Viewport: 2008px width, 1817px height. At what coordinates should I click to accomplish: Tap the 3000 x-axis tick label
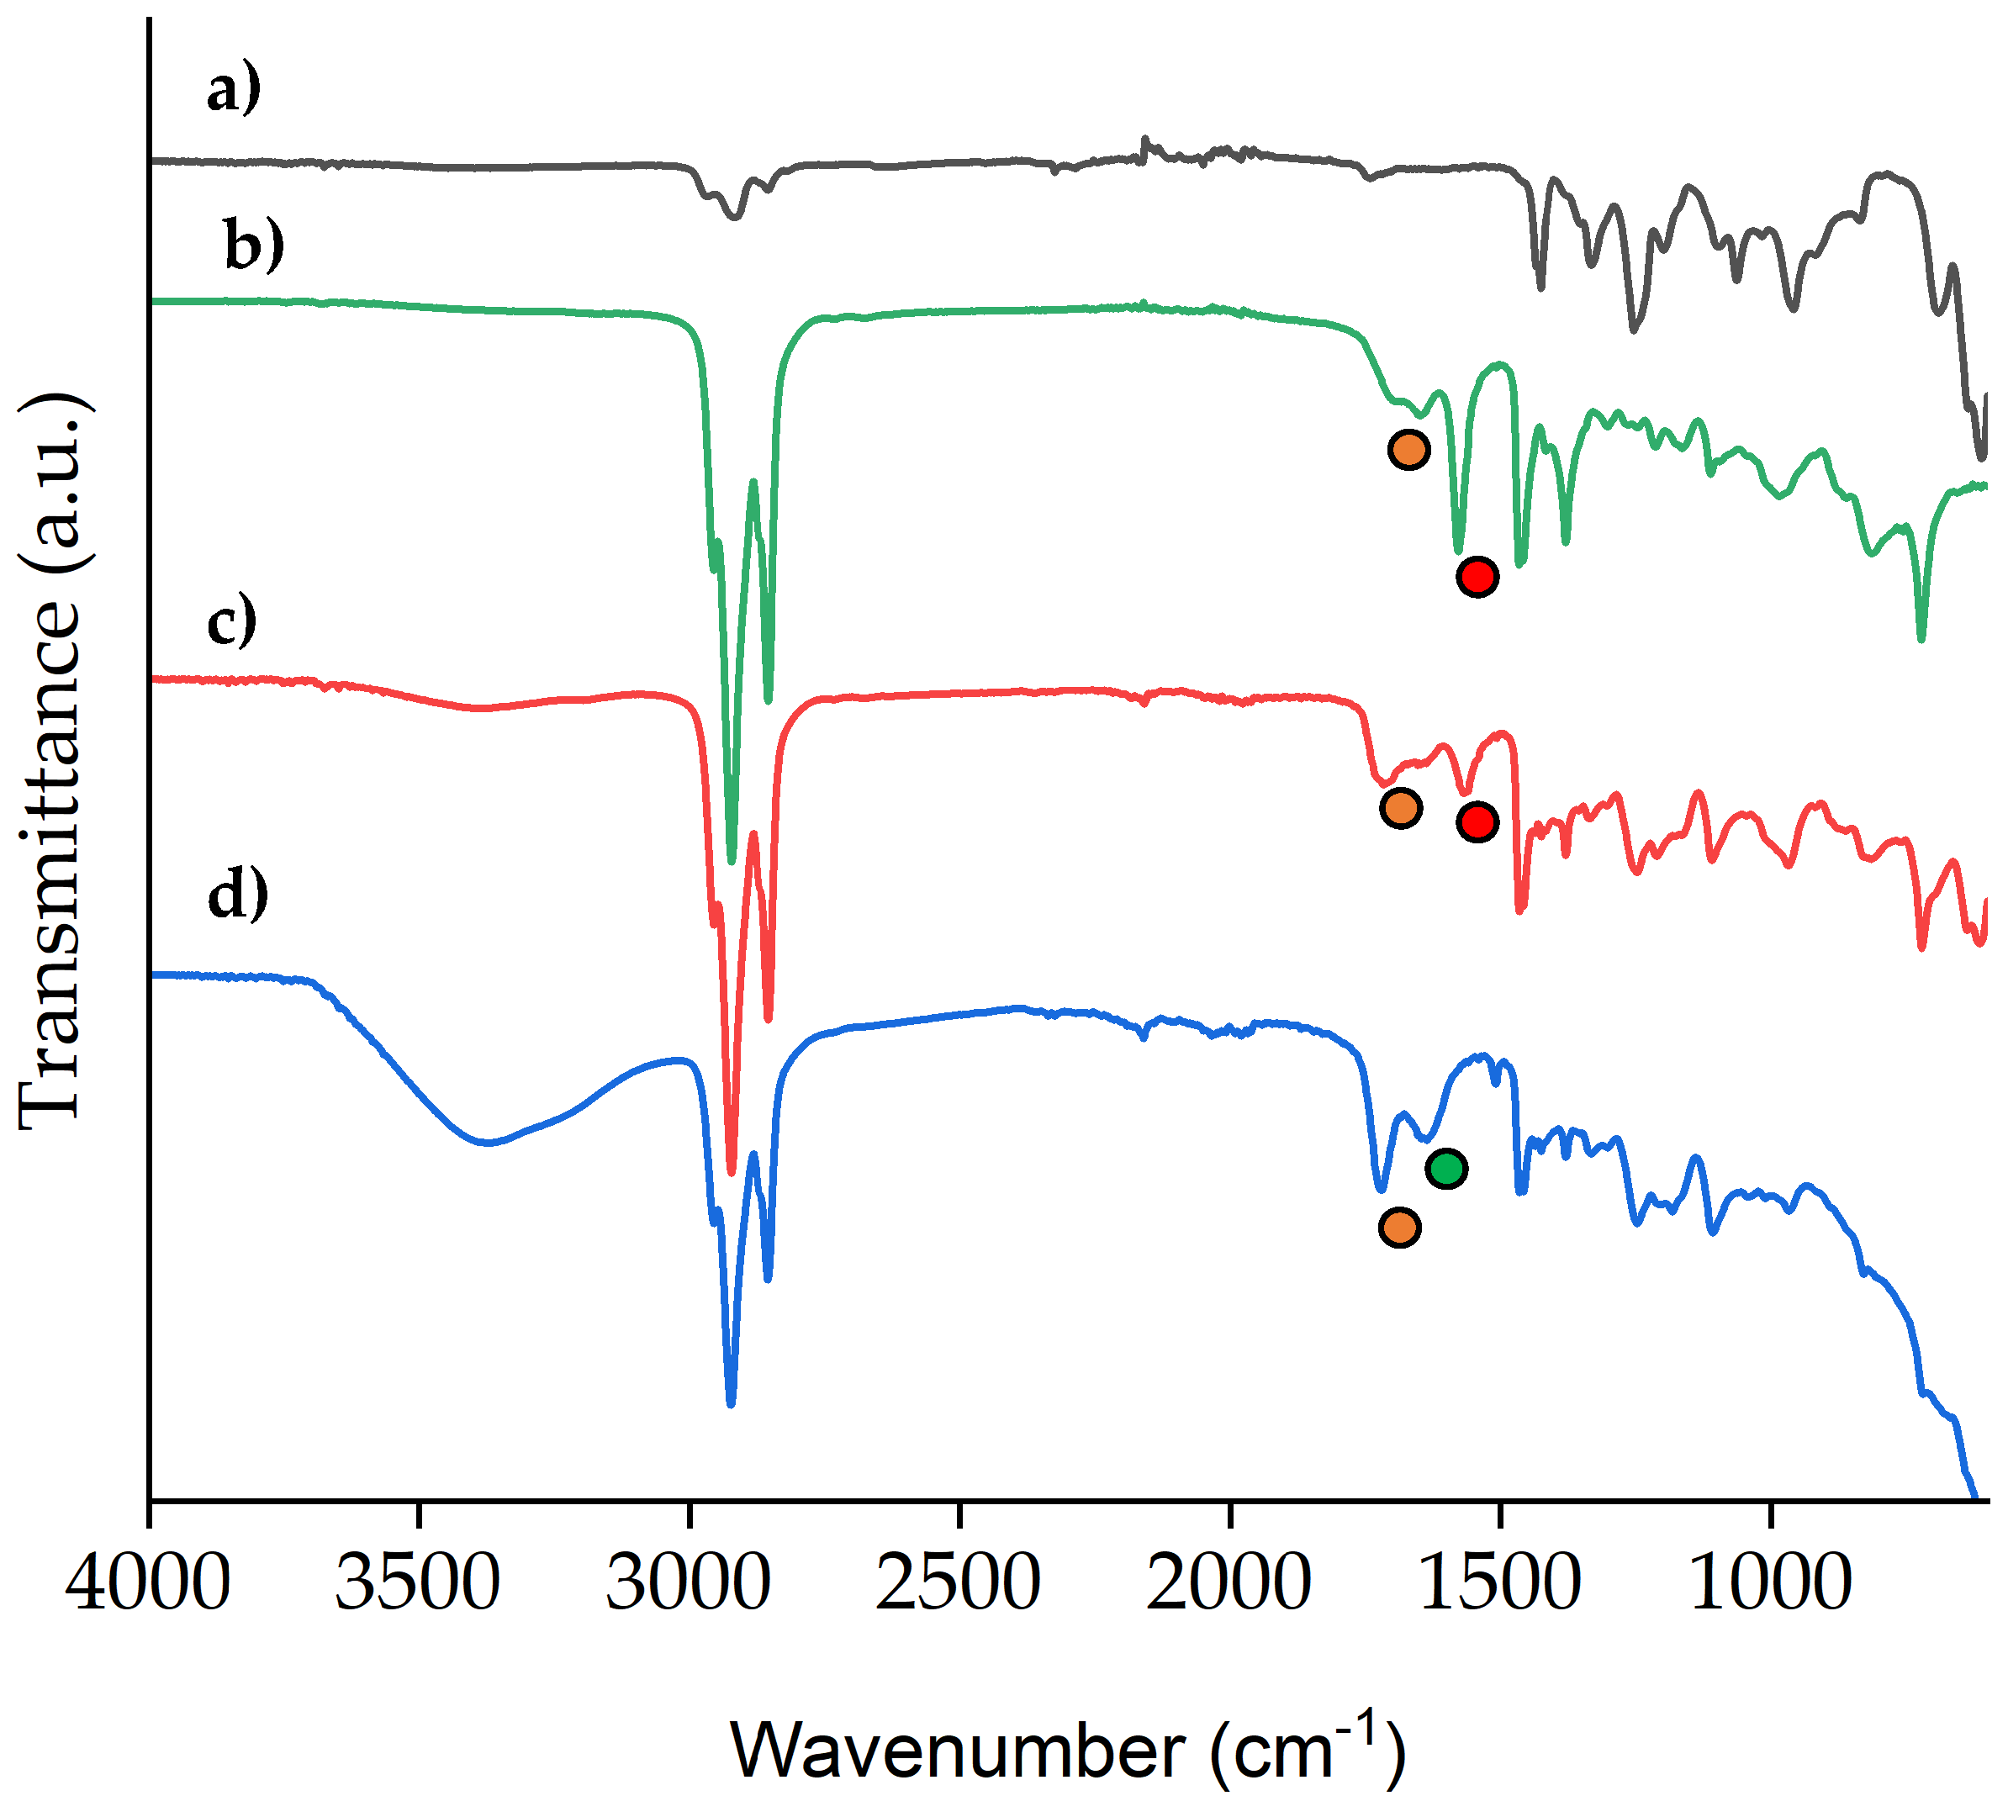point(689,1583)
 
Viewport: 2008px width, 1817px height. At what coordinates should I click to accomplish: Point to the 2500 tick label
point(959,1583)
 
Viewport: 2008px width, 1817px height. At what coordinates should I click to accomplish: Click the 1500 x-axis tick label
point(1499,1583)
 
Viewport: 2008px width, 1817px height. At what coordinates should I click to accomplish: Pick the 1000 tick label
point(1770,1583)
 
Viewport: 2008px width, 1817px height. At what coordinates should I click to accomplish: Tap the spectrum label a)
point(234,90)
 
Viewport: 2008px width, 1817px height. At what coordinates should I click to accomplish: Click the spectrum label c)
point(232,621)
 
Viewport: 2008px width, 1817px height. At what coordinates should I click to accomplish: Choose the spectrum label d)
point(238,894)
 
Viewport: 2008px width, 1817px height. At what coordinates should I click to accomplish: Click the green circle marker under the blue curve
point(1445,1168)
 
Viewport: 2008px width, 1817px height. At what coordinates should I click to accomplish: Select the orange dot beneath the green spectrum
point(1408,449)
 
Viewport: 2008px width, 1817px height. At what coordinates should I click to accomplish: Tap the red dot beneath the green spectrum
point(1477,576)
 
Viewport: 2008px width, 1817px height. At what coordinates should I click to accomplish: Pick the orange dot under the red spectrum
point(1400,807)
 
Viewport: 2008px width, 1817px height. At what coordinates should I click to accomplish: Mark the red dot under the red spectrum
point(1477,821)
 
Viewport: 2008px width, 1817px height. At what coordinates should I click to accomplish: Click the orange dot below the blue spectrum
point(1399,1228)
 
